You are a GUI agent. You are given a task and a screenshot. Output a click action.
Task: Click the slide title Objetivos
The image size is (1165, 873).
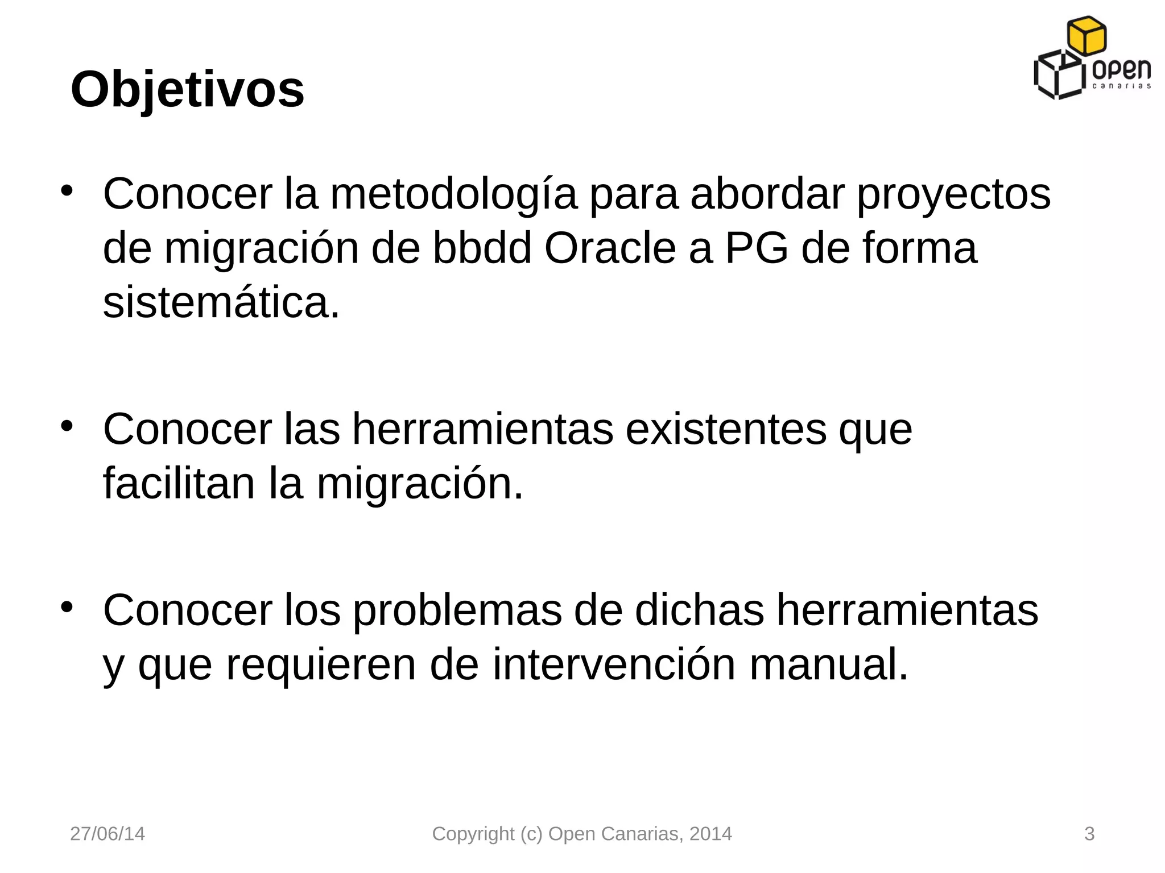click(x=187, y=90)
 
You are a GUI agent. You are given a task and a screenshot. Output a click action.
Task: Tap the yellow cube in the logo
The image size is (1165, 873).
click(x=1086, y=35)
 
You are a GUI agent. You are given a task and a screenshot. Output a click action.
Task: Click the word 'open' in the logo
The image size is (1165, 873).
click(x=1121, y=71)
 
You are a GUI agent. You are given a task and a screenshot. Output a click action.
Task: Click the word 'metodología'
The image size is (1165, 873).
click(x=453, y=194)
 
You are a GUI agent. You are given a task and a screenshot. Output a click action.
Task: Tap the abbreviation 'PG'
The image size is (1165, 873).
click(x=757, y=248)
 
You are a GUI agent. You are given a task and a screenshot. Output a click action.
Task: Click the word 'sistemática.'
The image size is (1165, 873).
click(x=221, y=302)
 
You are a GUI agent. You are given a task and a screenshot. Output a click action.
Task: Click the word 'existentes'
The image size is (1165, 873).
click(x=726, y=429)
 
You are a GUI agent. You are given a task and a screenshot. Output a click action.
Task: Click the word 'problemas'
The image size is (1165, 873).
click(x=457, y=610)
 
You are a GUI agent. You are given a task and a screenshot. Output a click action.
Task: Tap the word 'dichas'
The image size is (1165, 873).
click(x=699, y=610)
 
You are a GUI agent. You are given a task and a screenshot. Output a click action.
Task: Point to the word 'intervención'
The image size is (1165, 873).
click(x=614, y=664)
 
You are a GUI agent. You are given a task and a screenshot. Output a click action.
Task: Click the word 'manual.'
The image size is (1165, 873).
click(x=828, y=664)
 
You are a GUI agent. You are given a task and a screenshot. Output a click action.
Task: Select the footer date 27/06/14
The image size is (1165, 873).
click(x=107, y=834)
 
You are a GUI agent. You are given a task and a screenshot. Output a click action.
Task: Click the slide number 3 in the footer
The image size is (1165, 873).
click(x=1089, y=834)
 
